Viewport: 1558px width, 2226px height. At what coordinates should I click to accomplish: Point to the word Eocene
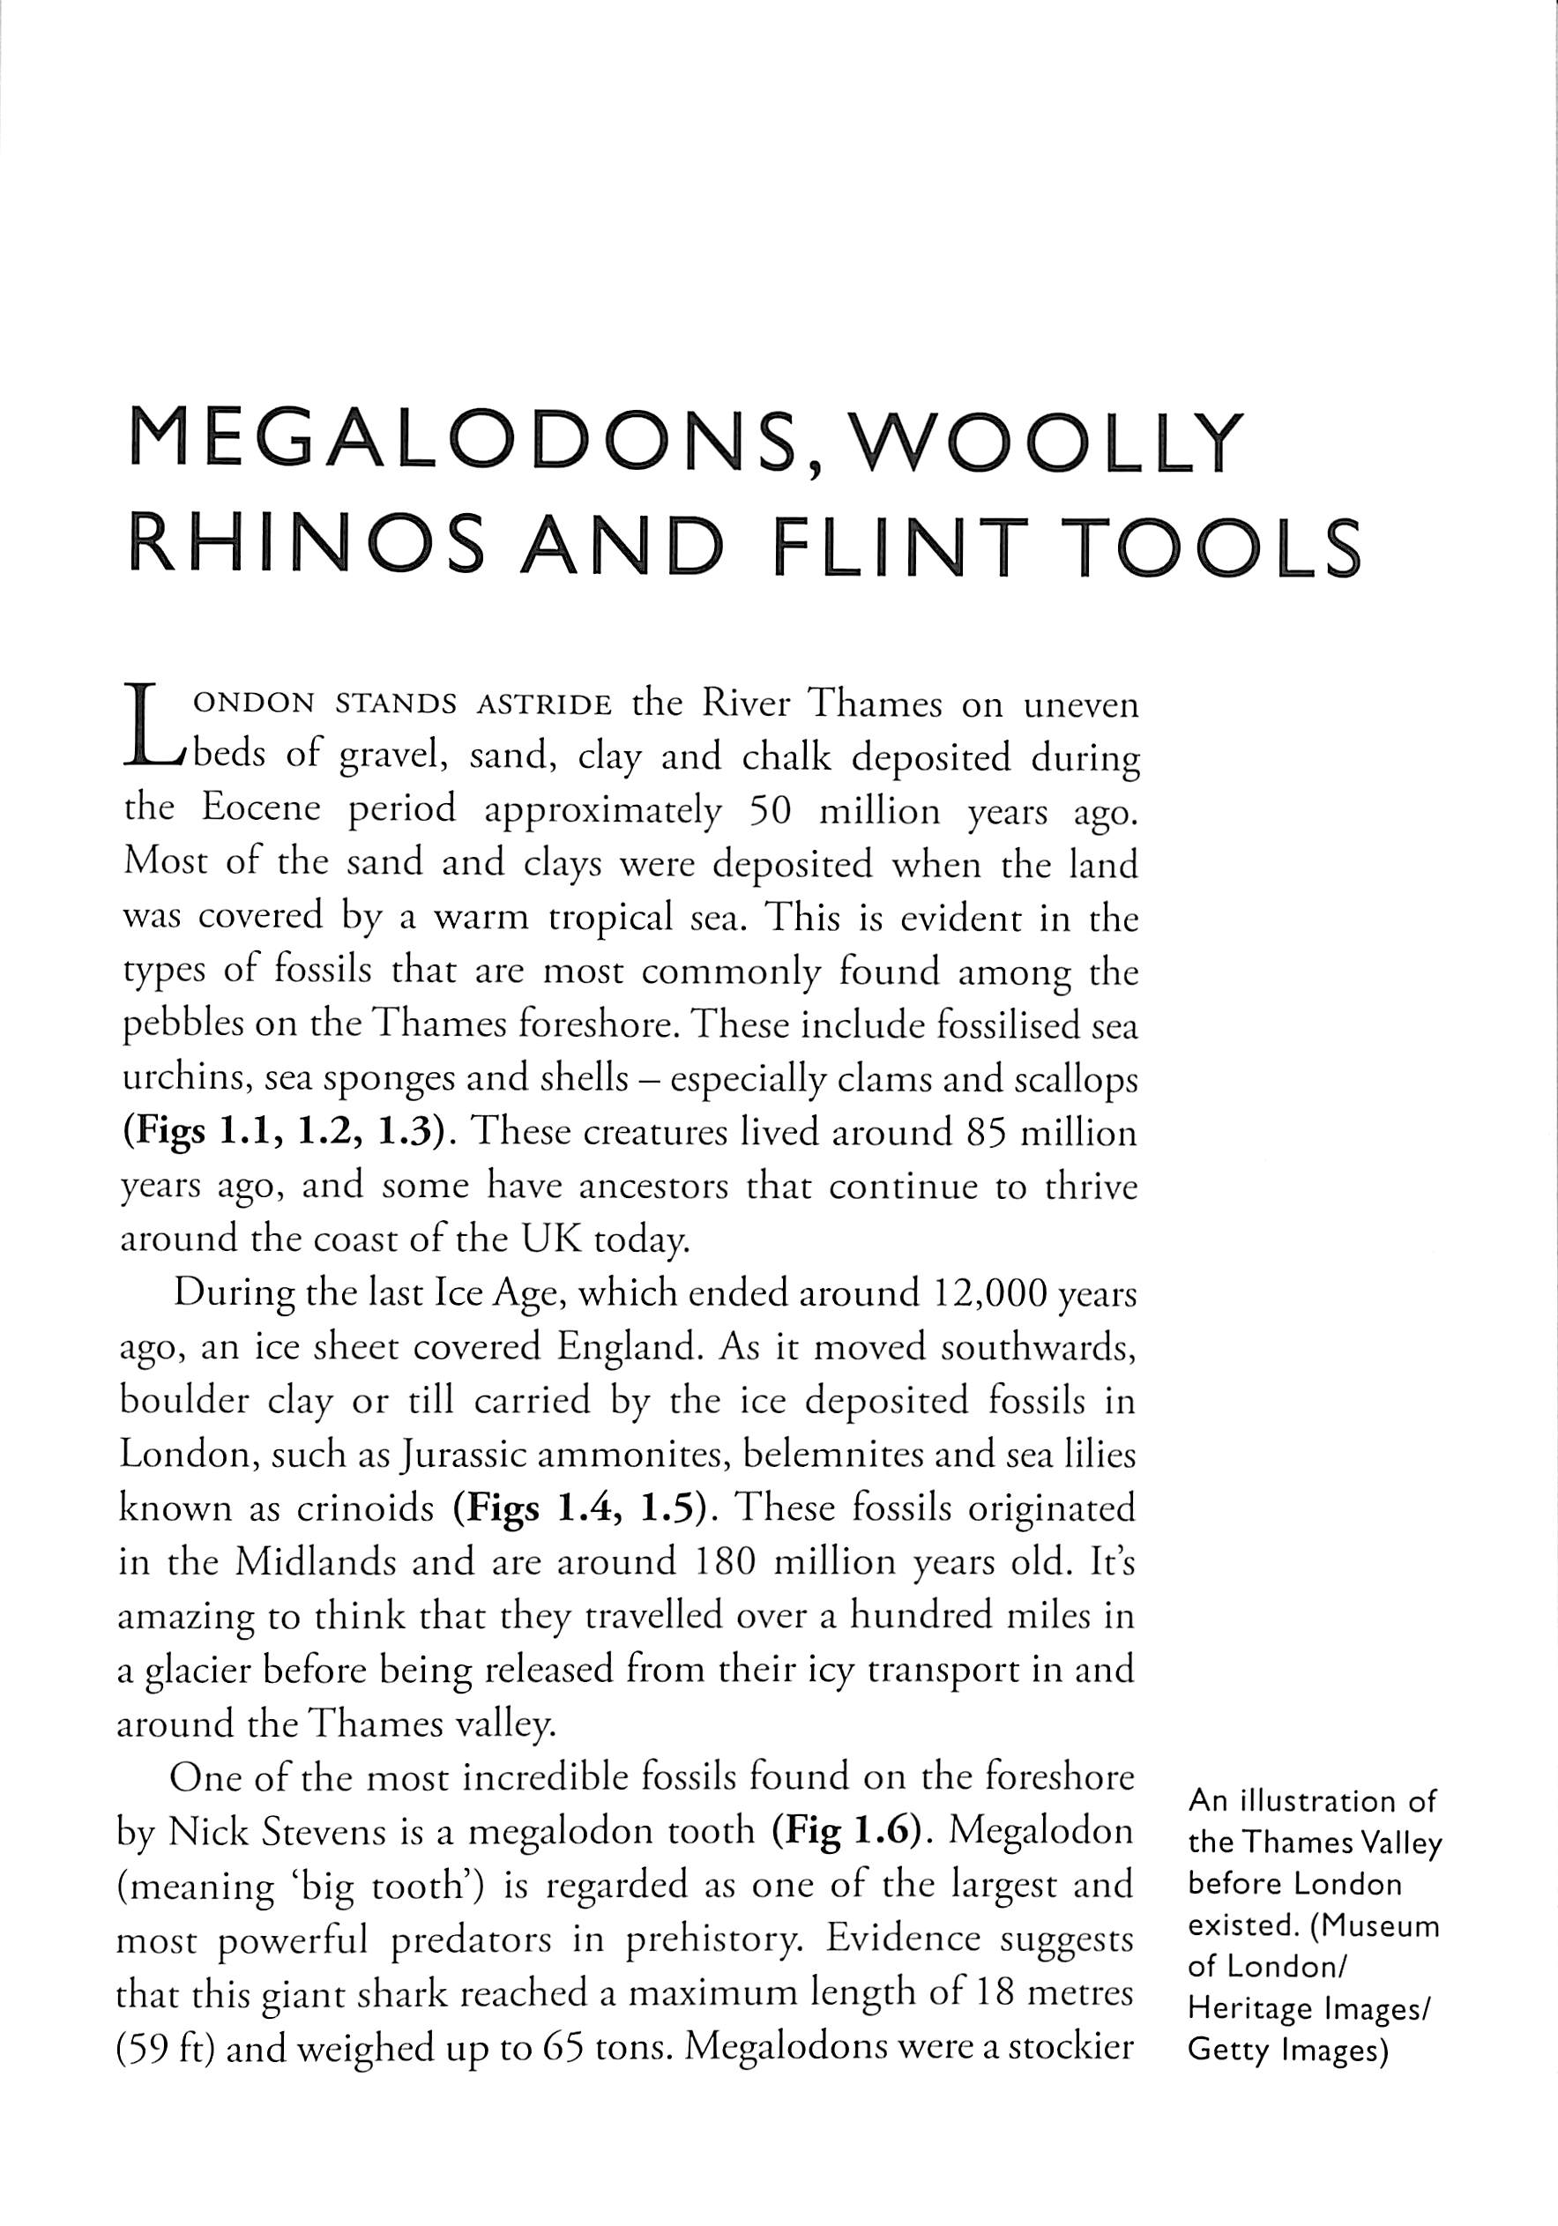[x=260, y=810]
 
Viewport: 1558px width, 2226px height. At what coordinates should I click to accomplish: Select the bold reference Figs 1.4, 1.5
[x=585, y=1509]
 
